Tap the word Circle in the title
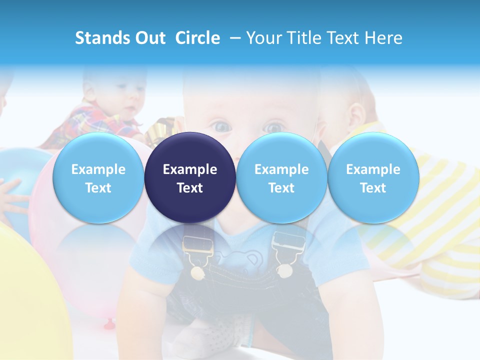click(197, 38)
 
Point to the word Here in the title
click(384, 38)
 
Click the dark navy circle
click(190, 177)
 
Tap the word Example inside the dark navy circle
click(190, 169)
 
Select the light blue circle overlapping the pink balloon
click(98, 177)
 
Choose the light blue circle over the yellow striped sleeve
click(373, 177)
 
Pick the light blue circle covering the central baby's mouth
click(281, 177)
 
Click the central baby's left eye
click(221, 127)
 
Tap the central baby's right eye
click(274, 127)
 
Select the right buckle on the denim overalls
click(288, 245)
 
